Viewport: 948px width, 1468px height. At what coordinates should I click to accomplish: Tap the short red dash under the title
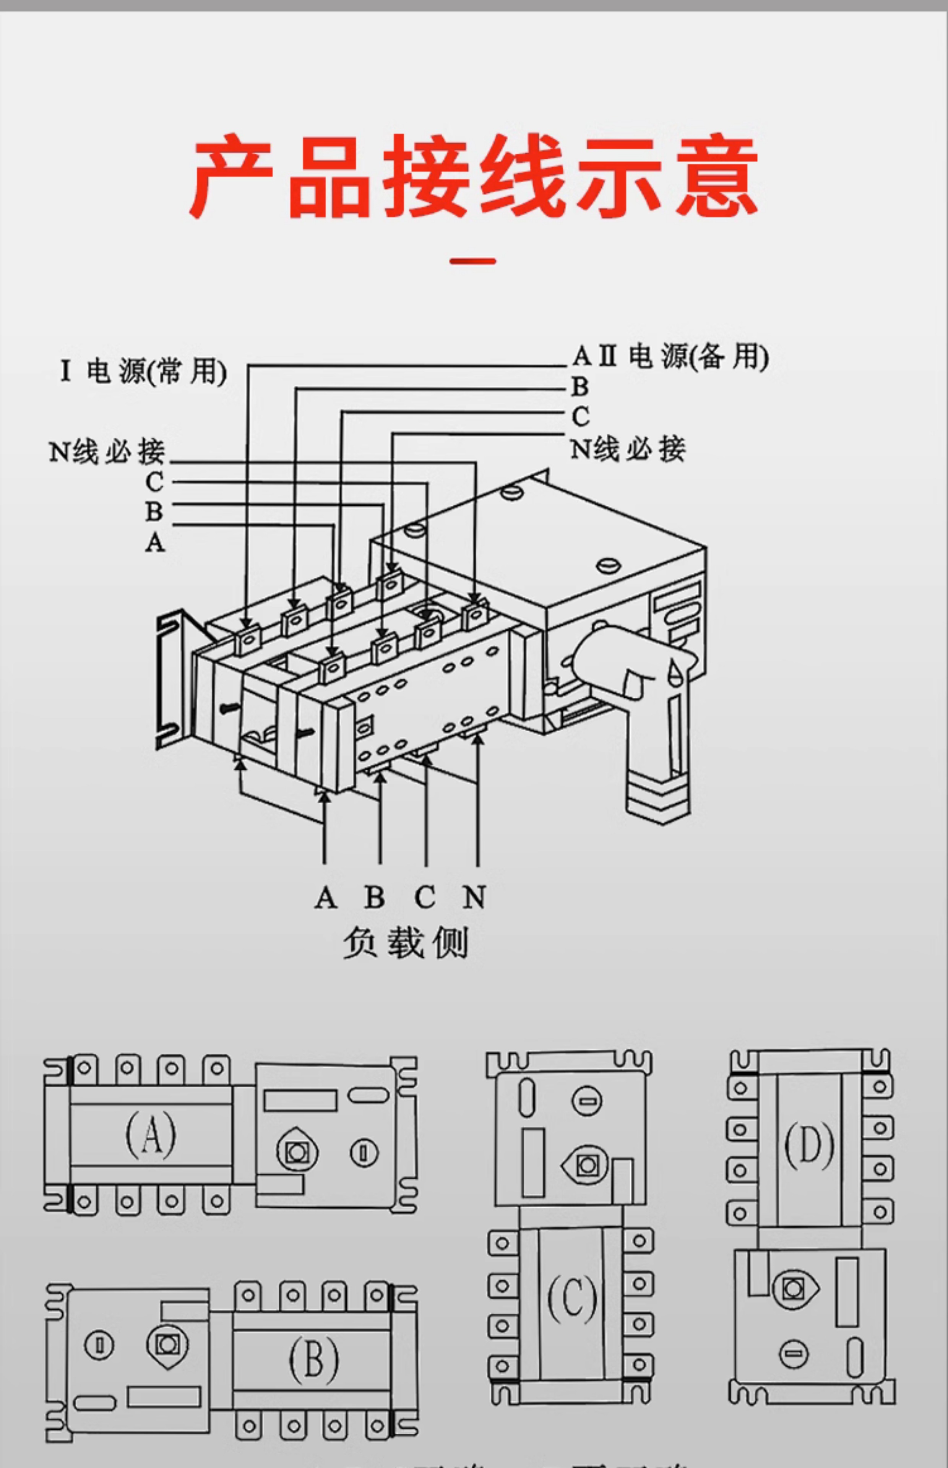click(x=473, y=261)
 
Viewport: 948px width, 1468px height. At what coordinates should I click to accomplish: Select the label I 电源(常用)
click(x=143, y=371)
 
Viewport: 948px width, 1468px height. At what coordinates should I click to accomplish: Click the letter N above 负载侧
click(x=474, y=897)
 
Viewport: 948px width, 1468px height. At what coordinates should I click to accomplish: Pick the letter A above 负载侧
click(x=326, y=897)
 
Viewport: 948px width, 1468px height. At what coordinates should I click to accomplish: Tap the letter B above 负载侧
click(x=374, y=897)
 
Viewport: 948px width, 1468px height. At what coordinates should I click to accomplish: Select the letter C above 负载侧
click(x=425, y=897)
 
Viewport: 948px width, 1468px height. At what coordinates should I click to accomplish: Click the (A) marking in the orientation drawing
click(x=150, y=1134)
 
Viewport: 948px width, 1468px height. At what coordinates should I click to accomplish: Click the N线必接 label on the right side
click(x=627, y=449)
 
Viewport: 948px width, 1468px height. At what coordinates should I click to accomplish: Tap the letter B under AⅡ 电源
click(x=580, y=386)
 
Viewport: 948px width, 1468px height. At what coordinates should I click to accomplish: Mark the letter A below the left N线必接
click(x=155, y=542)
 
